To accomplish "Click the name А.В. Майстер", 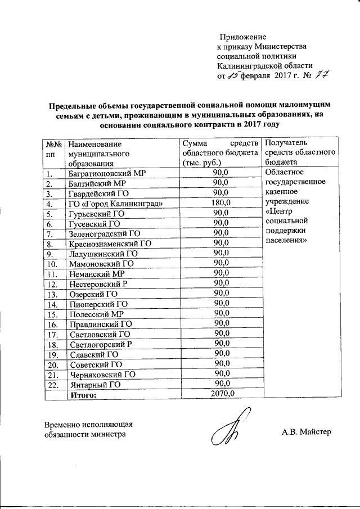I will tap(307, 432).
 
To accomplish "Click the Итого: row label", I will tap(84, 395).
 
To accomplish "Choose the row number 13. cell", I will tap(53, 294).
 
